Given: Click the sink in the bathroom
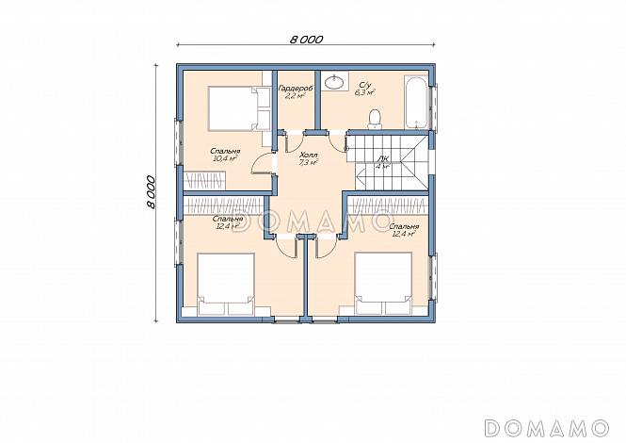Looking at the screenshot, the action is [334, 82].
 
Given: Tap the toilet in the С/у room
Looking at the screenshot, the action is [375, 119].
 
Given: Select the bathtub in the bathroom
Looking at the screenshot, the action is [417, 103].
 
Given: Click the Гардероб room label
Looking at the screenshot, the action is [296, 88].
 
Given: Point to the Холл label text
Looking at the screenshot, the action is [308, 155].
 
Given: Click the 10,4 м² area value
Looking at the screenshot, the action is [226, 158].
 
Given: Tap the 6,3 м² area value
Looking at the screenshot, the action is [365, 92].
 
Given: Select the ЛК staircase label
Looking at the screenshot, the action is [381, 158].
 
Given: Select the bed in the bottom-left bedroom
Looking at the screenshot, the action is [226, 285].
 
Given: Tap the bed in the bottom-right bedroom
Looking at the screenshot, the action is [384, 284].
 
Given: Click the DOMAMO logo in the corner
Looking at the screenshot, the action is [547, 428].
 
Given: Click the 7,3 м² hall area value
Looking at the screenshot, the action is [308, 162].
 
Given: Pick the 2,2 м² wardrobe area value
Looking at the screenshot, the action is [296, 95].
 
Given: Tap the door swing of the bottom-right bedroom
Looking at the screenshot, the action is [326, 248].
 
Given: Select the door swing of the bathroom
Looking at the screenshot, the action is [338, 142].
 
